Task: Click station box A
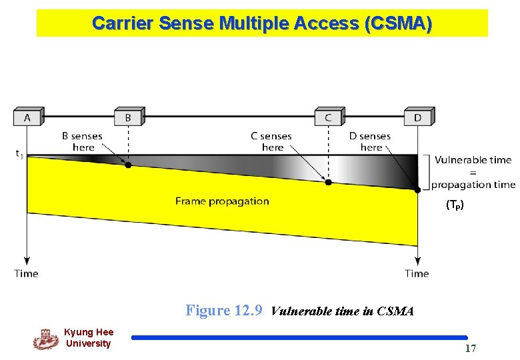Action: [27, 117]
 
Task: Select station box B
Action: [128, 117]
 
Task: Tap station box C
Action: [328, 117]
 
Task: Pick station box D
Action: [418, 117]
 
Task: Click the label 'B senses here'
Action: [83, 141]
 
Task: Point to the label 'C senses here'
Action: [271, 141]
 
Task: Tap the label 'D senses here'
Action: [370, 141]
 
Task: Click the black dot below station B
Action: [128, 165]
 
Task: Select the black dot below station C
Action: [328, 181]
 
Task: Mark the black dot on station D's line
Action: [418, 189]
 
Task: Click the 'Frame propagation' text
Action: [222, 201]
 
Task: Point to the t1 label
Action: [19, 153]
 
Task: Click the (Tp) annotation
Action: [455, 205]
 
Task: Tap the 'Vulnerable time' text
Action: [473, 160]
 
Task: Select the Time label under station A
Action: [26, 273]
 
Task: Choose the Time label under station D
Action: [417, 273]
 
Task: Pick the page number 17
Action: [471, 348]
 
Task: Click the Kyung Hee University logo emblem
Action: [45, 339]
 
